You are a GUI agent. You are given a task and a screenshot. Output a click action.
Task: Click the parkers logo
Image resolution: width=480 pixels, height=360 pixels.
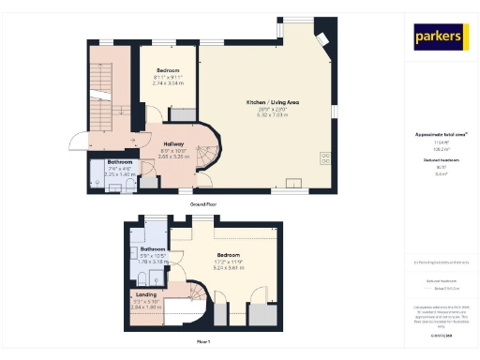pos(440,37)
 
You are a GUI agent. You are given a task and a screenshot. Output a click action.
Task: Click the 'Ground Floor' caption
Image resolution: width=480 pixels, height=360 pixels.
pos(204,202)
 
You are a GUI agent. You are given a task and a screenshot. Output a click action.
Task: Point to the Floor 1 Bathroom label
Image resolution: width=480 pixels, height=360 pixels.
pos(153,248)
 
